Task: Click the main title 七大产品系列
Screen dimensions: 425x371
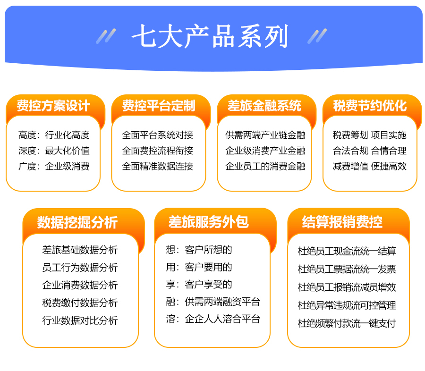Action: click(x=210, y=36)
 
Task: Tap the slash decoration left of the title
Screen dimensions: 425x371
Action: click(x=106, y=36)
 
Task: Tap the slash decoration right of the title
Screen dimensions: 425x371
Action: click(x=317, y=36)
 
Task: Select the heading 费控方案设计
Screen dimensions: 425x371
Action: click(x=53, y=106)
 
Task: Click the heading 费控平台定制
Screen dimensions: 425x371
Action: click(x=159, y=106)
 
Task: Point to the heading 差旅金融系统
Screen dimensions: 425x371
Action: click(x=264, y=106)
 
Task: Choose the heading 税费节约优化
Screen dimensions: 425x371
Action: click(x=370, y=106)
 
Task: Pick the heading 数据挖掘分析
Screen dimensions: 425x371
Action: click(x=77, y=222)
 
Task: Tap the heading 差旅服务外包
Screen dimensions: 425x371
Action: click(x=208, y=222)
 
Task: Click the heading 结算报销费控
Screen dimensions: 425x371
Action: click(x=342, y=222)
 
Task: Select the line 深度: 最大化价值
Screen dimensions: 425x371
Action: click(x=54, y=151)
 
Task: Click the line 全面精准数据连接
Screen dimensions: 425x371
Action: click(x=157, y=166)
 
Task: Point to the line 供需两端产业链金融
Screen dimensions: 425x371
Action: click(x=265, y=135)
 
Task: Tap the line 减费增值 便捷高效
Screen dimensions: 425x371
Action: click(x=370, y=166)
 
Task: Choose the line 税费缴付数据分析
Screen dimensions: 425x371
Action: click(x=80, y=303)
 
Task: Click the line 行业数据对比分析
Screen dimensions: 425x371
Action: click(x=80, y=320)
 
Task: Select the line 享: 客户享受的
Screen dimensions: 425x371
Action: click(x=199, y=284)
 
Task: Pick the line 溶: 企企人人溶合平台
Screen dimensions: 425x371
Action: click(x=213, y=319)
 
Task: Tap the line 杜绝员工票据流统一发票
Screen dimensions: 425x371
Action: click(x=347, y=269)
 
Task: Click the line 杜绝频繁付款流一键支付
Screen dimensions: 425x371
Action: click(x=347, y=323)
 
